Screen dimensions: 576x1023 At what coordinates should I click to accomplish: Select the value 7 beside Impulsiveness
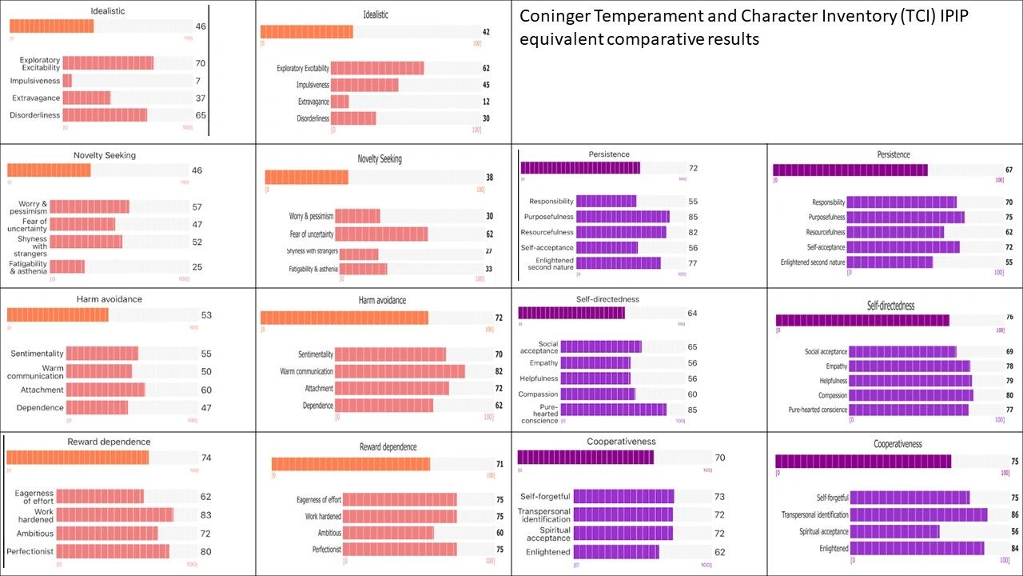(197, 81)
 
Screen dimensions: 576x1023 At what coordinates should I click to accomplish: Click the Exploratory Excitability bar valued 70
(108, 63)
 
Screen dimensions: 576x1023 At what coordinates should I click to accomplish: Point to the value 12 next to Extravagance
(486, 102)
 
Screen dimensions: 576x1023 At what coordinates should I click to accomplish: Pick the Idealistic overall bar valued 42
(307, 32)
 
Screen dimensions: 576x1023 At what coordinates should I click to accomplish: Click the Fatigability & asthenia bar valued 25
(68, 266)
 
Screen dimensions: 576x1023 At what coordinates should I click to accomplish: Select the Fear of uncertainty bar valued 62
(381, 234)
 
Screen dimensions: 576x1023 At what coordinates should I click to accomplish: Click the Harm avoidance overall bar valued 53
(58, 315)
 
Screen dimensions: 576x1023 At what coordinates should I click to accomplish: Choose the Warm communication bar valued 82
(400, 371)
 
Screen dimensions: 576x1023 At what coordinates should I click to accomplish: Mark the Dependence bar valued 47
(98, 407)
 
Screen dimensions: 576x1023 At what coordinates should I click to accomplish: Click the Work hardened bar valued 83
(114, 514)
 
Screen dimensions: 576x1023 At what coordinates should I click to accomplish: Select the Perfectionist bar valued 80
(113, 551)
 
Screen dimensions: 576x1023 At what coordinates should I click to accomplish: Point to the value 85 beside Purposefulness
(693, 217)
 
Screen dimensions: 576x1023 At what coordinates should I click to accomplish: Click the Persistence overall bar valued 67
(850, 170)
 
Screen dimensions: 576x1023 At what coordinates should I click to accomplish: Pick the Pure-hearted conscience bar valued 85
(613, 410)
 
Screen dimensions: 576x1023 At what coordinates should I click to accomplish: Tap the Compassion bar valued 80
(910, 395)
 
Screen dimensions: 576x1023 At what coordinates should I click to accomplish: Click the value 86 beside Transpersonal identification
(1009, 514)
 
